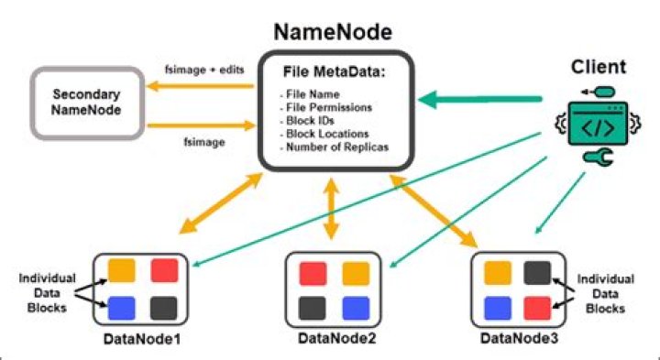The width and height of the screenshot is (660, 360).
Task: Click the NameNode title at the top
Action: (331, 33)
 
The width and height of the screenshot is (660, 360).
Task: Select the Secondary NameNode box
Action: (88, 102)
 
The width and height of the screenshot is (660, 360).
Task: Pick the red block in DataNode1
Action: (164, 270)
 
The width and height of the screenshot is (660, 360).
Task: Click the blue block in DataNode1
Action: (122, 305)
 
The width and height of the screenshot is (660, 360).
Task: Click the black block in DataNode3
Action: (537, 272)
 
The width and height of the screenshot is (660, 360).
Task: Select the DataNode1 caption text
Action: (144, 340)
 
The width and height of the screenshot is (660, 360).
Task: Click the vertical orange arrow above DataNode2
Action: (332, 213)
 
